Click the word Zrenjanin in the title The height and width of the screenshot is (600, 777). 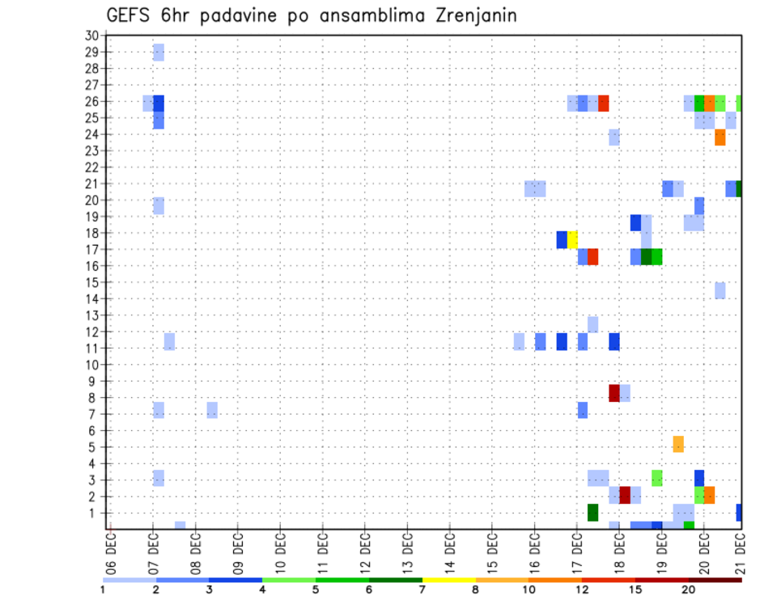point(470,15)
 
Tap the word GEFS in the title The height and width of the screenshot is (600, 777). point(131,15)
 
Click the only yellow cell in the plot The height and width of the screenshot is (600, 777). point(572,239)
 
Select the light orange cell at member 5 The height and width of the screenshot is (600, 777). point(678,444)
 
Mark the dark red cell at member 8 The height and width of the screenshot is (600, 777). point(614,393)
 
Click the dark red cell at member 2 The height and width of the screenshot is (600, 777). point(625,495)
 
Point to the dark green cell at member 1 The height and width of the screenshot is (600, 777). point(593,512)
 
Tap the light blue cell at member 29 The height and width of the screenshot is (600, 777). point(159,53)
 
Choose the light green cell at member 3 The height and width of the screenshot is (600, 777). point(657,478)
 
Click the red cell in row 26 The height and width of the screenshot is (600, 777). point(604,104)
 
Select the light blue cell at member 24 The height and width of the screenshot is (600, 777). point(614,137)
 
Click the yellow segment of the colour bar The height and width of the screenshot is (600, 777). point(448,580)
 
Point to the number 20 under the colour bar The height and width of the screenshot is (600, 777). point(689,590)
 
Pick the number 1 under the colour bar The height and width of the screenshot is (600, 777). point(103,590)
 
